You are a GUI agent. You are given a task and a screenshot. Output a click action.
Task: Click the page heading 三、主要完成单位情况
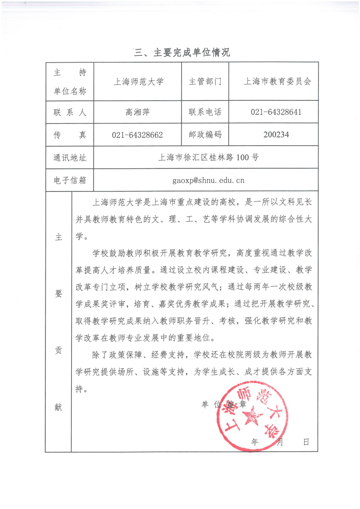(x=182, y=53)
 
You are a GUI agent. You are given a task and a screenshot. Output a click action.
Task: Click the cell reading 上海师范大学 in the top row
(x=138, y=82)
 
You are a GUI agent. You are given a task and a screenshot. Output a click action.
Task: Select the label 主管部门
(x=205, y=82)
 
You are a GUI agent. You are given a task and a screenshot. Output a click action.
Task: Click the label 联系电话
(x=205, y=112)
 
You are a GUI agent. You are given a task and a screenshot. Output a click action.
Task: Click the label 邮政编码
(x=205, y=134)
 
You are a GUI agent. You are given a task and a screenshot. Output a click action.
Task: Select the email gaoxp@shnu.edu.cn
(x=208, y=180)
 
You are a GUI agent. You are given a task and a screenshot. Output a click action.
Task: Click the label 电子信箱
(x=70, y=180)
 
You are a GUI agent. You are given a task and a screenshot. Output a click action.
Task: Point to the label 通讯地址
(x=70, y=158)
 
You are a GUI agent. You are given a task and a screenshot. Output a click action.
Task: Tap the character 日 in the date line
(x=306, y=442)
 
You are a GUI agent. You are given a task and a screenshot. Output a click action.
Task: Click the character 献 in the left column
(x=58, y=407)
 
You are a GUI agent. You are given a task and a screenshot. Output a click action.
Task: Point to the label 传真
(x=70, y=135)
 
